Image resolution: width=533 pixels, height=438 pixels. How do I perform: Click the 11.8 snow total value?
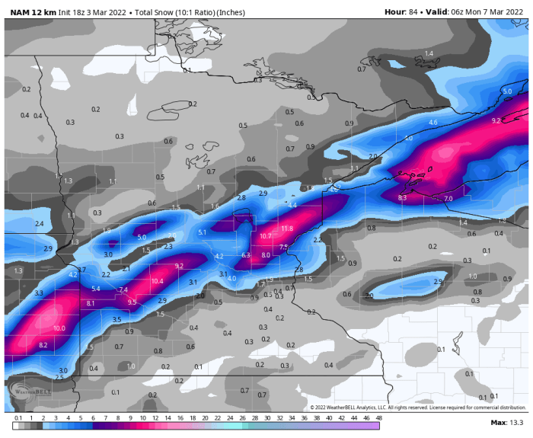(x=287, y=229)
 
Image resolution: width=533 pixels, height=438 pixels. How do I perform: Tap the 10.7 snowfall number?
(x=266, y=236)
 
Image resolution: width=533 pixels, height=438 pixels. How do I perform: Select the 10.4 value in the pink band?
(x=157, y=281)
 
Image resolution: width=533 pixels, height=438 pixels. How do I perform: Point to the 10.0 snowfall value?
(x=59, y=328)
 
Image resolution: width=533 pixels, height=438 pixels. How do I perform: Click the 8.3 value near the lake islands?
(x=402, y=197)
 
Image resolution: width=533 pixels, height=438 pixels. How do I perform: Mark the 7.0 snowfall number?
(x=448, y=198)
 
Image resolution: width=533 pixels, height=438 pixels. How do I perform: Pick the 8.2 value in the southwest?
(x=43, y=345)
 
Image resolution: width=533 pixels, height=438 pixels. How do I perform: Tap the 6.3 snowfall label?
(x=246, y=255)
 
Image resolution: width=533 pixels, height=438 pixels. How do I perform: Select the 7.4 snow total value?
(x=123, y=289)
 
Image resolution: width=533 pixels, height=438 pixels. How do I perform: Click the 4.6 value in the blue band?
(x=433, y=123)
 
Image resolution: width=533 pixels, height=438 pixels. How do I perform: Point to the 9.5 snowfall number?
(x=132, y=302)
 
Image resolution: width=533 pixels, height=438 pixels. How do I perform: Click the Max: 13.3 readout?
(x=506, y=422)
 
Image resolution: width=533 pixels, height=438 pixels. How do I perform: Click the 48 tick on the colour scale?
(x=378, y=417)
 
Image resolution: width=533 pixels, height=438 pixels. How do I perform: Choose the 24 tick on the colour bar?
(x=230, y=417)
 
